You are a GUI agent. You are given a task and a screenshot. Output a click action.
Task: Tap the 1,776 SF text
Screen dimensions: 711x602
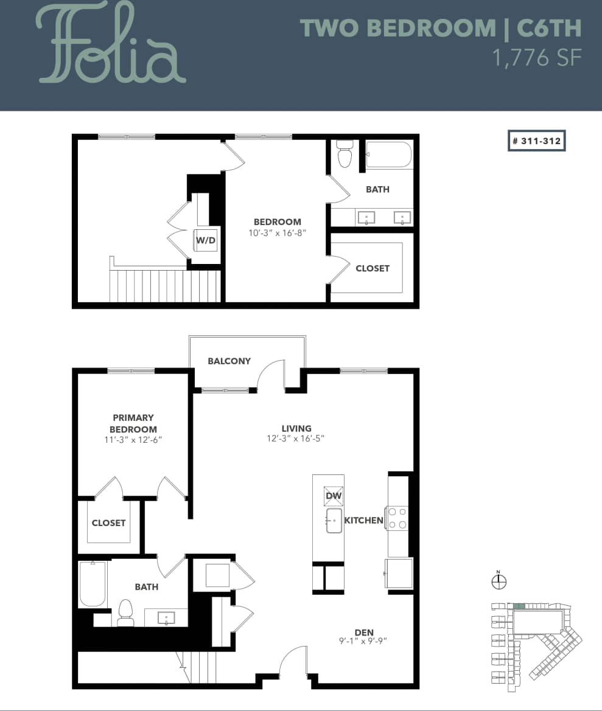[x=536, y=58]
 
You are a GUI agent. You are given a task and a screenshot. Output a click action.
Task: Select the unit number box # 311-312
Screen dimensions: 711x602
[x=536, y=140]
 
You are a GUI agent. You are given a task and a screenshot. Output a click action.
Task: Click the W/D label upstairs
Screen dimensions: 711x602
[x=205, y=240]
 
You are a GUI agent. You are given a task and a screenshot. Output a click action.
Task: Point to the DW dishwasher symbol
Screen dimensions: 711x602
[x=334, y=496]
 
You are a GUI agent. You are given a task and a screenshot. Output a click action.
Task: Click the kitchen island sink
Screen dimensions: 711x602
[x=334, y=521]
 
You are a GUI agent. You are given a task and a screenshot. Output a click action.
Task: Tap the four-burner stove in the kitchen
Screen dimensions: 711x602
[x=397, y=518]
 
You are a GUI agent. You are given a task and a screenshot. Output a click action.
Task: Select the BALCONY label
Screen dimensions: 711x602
[x=229, y=361]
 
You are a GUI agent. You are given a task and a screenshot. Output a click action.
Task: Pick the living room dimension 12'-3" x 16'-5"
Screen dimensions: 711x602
[x=296, y=439]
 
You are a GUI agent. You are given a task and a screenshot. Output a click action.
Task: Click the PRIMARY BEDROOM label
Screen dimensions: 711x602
[x=133, y=423]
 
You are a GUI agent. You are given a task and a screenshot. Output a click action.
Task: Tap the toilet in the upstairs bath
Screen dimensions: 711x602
[x=345, y=154]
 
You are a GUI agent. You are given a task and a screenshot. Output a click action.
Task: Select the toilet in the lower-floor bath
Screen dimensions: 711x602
[x=125, y=612]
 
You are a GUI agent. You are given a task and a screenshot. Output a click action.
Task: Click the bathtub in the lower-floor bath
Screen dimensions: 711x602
[x=93, y=584]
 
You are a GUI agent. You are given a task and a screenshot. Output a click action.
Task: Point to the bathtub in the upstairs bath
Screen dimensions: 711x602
[x=389, y=154]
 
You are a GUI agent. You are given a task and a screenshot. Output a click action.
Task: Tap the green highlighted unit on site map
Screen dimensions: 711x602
[x=519, y=606]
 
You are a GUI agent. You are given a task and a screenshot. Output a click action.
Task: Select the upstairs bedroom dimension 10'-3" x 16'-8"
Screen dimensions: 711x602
[x=277, y=232]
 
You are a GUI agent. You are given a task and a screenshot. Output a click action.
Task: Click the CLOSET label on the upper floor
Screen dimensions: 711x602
[x=372, y=268]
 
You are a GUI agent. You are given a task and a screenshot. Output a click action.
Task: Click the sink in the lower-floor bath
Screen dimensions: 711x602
[x=166, y=618]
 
